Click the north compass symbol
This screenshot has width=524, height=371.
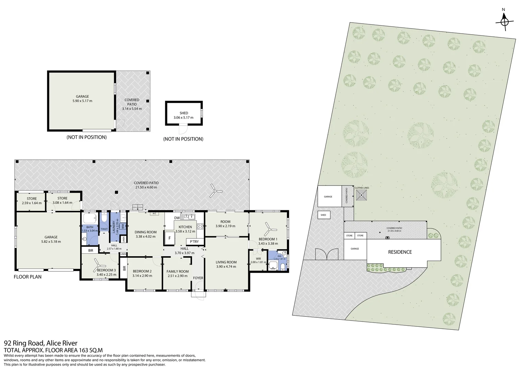[x=504, y=21]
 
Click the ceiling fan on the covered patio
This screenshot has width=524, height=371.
[x=216, y=190]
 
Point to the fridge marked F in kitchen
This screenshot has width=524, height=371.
[x=169, y=238]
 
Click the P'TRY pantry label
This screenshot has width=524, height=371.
[x=194, y=241]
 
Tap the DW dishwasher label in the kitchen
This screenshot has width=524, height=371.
[x=177, y=218]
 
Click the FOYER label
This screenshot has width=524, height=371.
[x=198, y=278]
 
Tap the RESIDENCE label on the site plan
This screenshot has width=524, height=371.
[x=400, y=252]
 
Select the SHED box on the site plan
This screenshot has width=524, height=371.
[x=323, y=215]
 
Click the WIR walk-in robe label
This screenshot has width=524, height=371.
[x=258, y=259]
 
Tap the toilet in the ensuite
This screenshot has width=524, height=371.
[x=282, y=267]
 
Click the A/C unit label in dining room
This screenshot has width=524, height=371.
[x=154, y=214]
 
